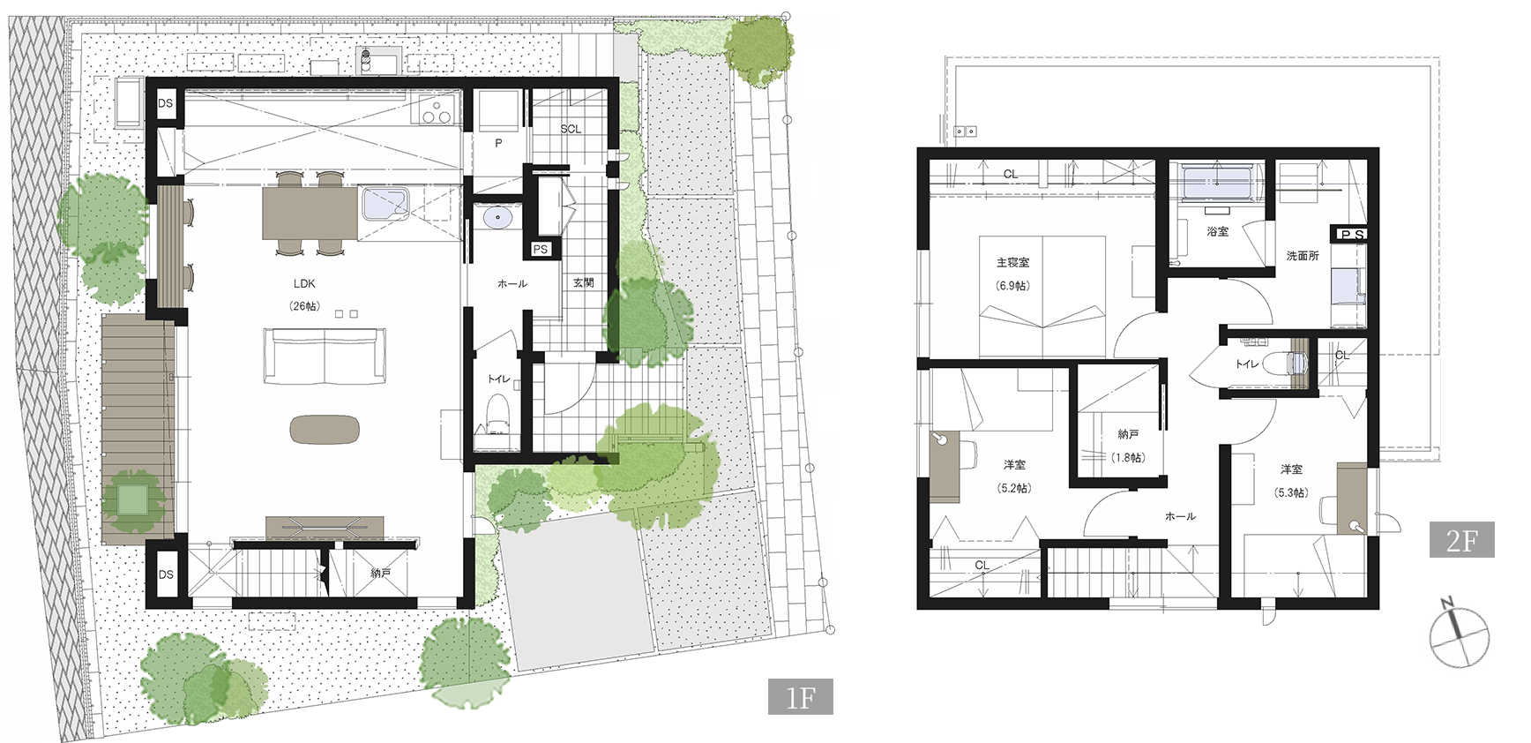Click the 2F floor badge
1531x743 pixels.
tap(1461, 540)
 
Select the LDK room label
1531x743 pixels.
tap(304, 284)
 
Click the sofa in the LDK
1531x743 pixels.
tap(325, 356)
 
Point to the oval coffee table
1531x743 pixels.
tap(325, 430)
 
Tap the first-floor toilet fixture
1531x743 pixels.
tap(498, 418)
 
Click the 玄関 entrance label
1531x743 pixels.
tap(583, 283)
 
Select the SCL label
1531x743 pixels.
tap(571, 129)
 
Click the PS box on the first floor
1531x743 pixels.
tap(541, 250)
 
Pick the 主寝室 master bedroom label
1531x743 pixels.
tap(1012, 263)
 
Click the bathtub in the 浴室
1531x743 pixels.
tap(1215, 184)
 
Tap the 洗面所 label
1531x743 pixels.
tap(1303, 256)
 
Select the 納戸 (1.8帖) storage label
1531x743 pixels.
tap(1128, 446)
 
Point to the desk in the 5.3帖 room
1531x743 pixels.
tap(1350, 497)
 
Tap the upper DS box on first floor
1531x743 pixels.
tap(166, 103)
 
